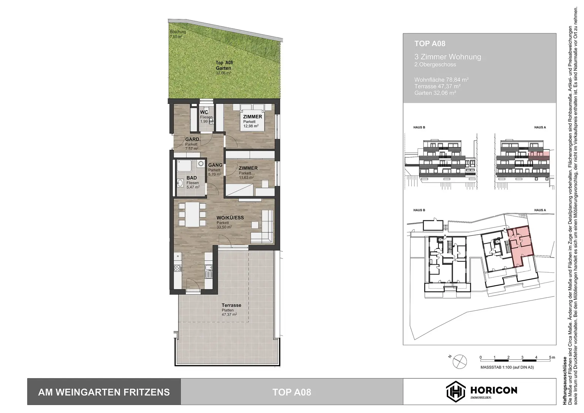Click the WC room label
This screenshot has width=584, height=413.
pyautogui.click(x=204, y=112)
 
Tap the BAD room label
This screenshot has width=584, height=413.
pyautogui.click(x=192, y=178)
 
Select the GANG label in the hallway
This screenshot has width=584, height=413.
pyautogui.click(x=215, y=165)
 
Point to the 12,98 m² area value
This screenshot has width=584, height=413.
pyautogui.click(x=251, y=126)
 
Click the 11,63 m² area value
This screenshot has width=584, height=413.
pyautogui.click(x=246, y=177)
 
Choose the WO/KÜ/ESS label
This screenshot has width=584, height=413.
pyautogui.click(x=230, y=218)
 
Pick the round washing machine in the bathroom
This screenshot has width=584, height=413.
pyautogui.click(x=200, y=164)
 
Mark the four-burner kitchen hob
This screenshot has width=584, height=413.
pyautogui.click(x=177, y=268)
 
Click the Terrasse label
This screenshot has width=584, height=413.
pyautogui.click(x=231, y=305)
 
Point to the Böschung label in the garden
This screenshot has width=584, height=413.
pyautogui.click(x=178, y=32)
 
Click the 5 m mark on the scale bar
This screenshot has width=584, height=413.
pyautogui.click(x=550, y=360)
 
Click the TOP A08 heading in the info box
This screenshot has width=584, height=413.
pyautogui.click(x=430, y=44)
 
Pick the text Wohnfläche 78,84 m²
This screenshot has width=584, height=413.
pyautogui.click(x=441, y=80)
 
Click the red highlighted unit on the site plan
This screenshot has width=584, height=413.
pyautogui.click(x=521, y=245)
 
